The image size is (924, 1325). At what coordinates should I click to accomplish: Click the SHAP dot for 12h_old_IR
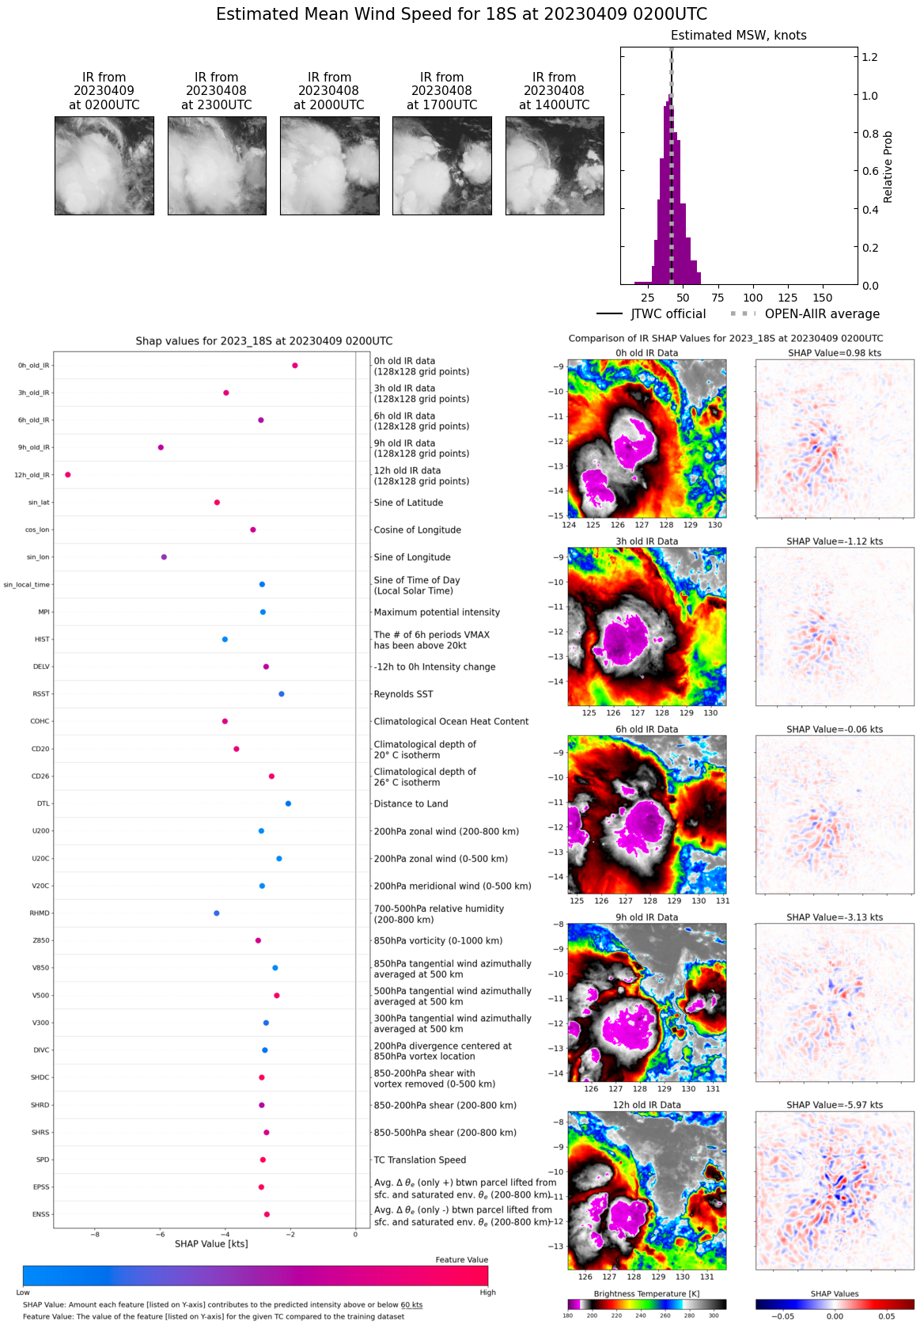tap(68, 475)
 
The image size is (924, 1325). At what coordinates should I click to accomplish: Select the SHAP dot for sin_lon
tap(164, 557)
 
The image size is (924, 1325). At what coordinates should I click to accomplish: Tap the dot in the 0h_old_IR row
tap(295, 366)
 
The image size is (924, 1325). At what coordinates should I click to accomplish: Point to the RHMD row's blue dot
tap(217, 913)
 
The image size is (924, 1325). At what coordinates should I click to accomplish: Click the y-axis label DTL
tap(43, 803)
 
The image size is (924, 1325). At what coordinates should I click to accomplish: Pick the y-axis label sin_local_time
tap(26, 585)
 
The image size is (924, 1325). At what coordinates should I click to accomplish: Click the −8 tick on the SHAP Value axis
tap(95, 1234)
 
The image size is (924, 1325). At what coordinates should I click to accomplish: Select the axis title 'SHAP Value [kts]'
tap(211, 1243)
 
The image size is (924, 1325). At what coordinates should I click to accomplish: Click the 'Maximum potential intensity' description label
tap(437, 612)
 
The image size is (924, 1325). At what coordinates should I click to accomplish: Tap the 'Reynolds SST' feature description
tap(403, 694)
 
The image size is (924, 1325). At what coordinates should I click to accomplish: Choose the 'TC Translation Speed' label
tap(420, 1160)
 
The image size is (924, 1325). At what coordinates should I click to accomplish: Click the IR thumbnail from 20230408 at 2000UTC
tap(330, 165)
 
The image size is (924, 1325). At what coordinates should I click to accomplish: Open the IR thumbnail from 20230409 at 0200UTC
tap(104, 165)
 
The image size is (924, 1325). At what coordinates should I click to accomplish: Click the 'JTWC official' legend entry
tap(668, 314)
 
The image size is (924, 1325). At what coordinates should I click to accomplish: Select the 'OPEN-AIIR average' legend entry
tap(821, 314)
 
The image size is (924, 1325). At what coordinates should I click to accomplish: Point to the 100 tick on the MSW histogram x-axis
tap(753, 298)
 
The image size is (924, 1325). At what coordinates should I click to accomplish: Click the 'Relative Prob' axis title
tap(888, 166)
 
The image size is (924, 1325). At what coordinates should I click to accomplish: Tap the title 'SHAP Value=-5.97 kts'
tap(835, 1105)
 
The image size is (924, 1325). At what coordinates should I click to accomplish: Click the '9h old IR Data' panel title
tap(647, 917)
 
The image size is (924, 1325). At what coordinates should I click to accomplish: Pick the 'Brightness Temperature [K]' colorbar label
tap(647, 1294)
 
